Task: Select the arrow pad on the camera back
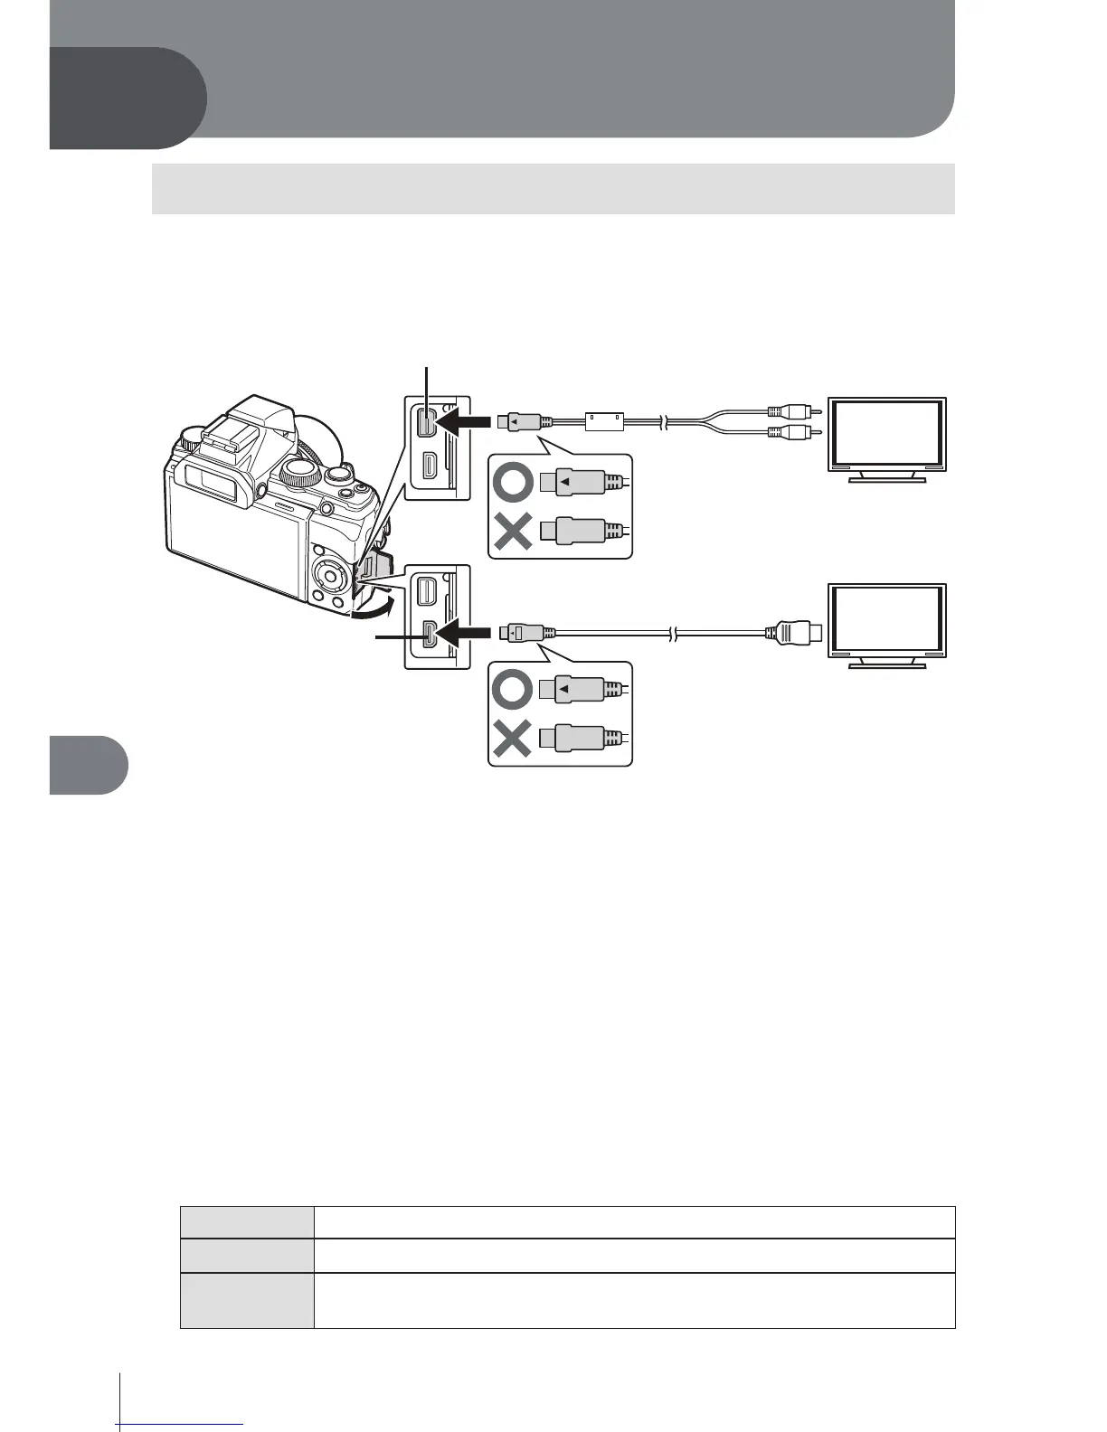coord(328,575)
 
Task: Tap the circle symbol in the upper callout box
coord(512,483)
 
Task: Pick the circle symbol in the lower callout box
coord(512,690)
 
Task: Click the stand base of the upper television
coord(888,480)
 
